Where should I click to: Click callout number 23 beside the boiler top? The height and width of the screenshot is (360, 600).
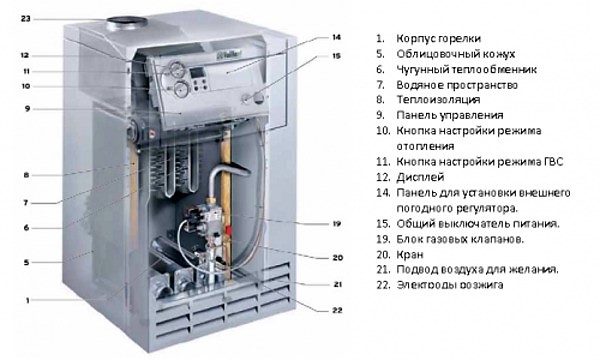pos(25,18)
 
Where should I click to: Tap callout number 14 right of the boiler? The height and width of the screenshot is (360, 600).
pos(336,37)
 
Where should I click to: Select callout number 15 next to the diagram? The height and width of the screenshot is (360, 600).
pos(336,56)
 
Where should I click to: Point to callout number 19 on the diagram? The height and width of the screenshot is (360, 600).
pos(337,224)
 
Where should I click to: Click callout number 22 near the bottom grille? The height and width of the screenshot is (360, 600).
pos(337,310)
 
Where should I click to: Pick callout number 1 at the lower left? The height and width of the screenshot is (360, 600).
pos(27,301)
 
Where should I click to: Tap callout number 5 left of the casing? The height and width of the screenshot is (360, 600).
pos(26,262)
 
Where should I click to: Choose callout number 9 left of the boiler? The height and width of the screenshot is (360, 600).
pos(27,109)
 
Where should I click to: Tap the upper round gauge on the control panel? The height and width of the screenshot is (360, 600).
pos(176,69)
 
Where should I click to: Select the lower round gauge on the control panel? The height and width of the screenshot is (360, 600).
pos(180,90)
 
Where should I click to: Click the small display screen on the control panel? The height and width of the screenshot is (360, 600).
pos(198,72)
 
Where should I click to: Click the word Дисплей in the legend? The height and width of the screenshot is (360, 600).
pos(420,178)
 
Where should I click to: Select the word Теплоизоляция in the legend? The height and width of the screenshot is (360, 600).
pos(438,100)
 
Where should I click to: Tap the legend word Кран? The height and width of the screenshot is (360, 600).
pos(410,255)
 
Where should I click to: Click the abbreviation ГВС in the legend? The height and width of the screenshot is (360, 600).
pos(553,162)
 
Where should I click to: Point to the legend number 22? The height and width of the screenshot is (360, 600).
pos(383,285)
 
